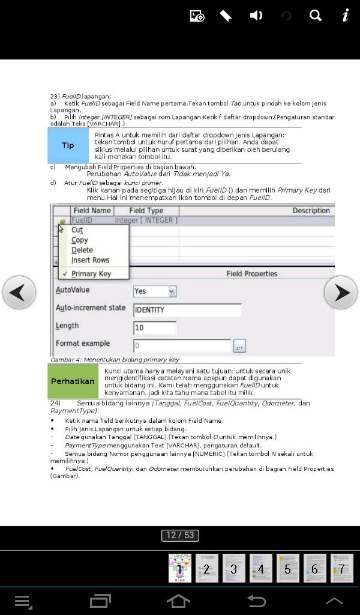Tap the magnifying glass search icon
316,16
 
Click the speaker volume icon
256,16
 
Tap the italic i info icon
346,16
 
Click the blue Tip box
68,145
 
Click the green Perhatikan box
73,381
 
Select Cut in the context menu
77,230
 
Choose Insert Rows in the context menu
90,260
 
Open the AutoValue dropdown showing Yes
155,291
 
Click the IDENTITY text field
187,310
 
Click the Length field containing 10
155,328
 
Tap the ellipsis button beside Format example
239,347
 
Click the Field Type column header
146,211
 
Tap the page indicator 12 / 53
180,535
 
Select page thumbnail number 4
260,568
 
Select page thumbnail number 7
341,568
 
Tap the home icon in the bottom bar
178,601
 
